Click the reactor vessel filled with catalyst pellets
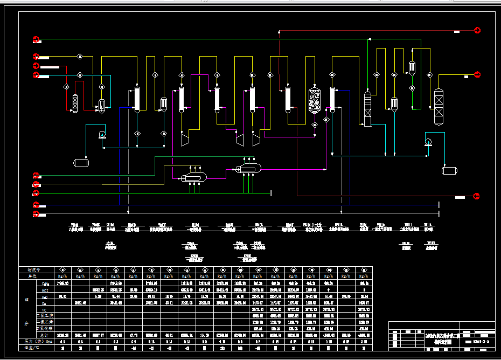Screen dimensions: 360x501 tap(315, 101)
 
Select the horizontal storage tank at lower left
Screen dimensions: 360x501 tap(81, 162)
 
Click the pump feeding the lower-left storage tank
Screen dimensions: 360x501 tap(102, 135)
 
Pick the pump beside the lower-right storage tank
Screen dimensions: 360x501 tap(428, 142)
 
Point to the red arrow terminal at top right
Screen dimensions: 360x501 tap(477, 30)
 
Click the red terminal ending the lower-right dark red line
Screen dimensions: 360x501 tap(477, 195)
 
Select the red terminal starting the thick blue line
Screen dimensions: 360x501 tap(36, 205)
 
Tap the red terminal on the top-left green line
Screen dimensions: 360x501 tap(36, 39)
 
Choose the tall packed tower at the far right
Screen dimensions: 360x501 tap(439, 107)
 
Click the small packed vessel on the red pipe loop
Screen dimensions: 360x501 tap(75, 103)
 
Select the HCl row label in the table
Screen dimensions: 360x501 tap(46, 289)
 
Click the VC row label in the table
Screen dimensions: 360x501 tap(46, 309)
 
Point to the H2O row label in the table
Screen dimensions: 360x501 tap(46, 296)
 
